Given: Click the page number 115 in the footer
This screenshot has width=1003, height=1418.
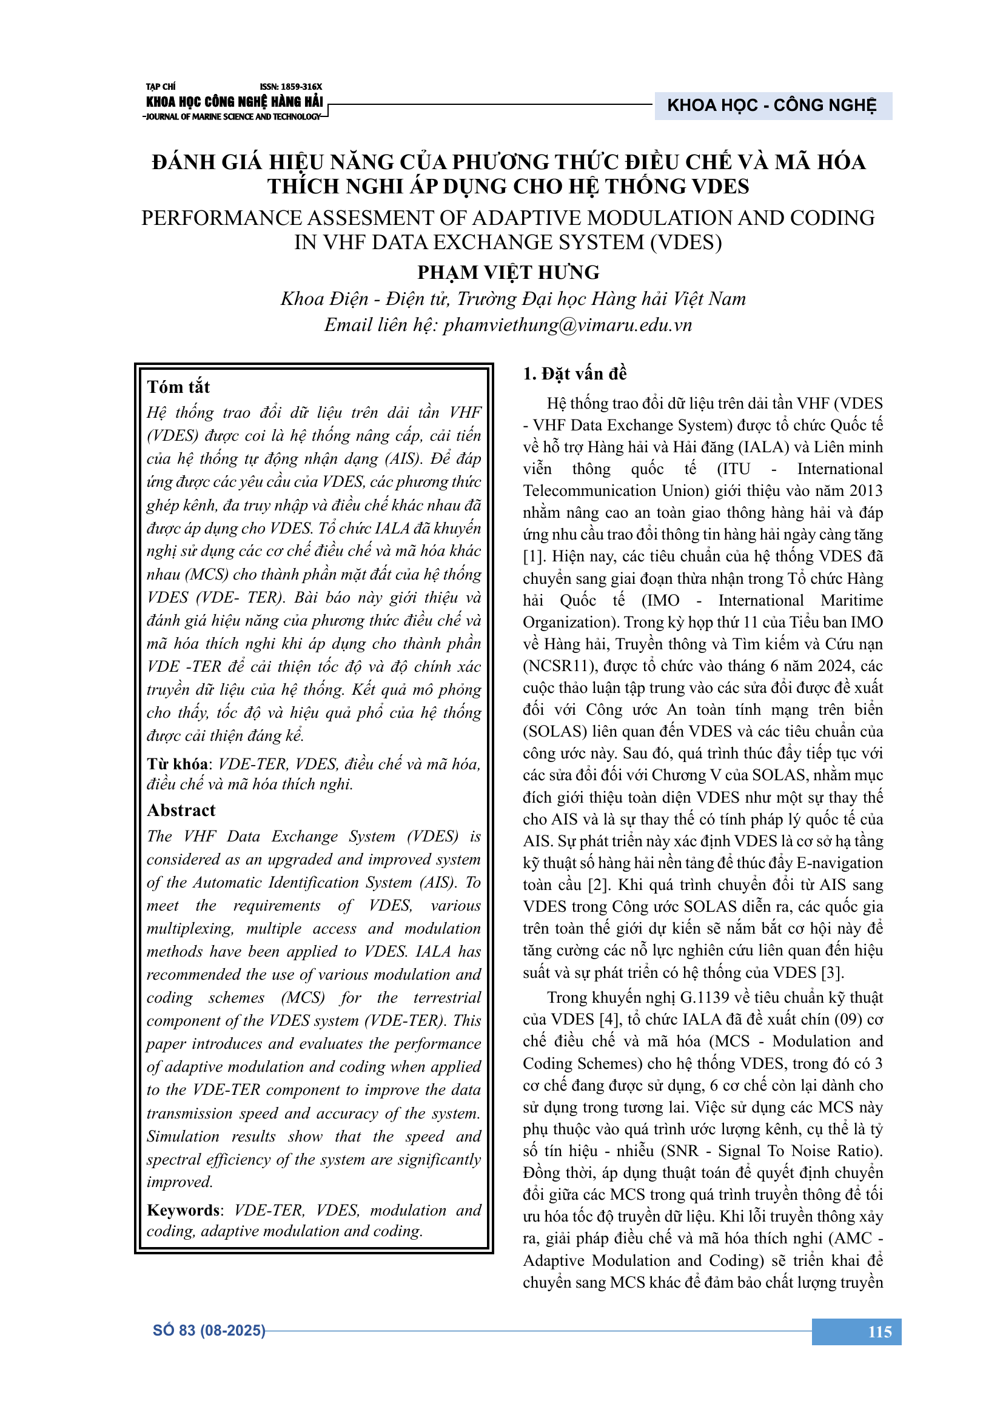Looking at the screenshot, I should pyautogui.click(x=879, y=1331).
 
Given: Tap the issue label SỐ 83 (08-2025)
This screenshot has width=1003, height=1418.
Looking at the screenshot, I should pyautogui.click(x=209, y=1330).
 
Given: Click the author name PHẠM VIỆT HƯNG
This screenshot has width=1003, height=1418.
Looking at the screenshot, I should pyautogui.click(x=508, y=272).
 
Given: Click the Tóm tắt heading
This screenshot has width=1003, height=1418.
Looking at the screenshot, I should pyautogui.click(x=178, y=387).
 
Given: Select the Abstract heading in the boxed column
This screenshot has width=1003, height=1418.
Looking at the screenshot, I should pyautogui.click(x=181, y=811).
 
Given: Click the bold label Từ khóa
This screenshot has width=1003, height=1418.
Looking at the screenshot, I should pyautogui.click(x=177, y=764).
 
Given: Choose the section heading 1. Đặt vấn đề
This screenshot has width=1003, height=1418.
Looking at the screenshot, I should pyautogui.click(x=574, y=373).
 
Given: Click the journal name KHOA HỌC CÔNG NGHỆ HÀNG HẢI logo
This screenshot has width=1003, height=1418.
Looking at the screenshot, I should pyautogui.click(x=234, y=102).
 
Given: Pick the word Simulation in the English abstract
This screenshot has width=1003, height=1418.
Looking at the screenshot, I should pyautogui.click(x=183, y=1136).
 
